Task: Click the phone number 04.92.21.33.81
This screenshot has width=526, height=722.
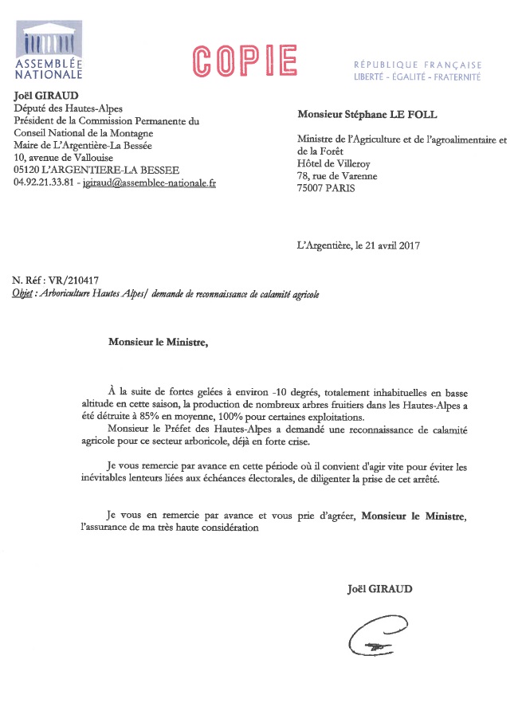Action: point(44,182)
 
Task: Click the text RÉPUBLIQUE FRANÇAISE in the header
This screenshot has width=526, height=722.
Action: point(418,65)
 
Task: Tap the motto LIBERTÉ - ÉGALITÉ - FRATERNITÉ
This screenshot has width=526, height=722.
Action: point(418,77)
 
